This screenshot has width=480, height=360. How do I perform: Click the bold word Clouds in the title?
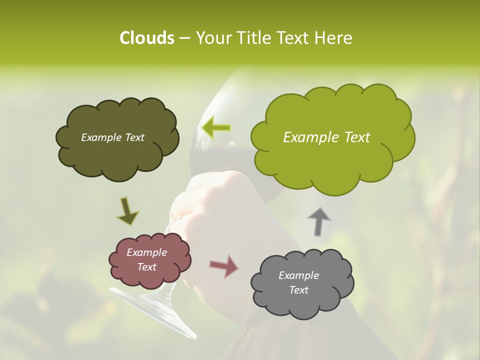click(146, 38)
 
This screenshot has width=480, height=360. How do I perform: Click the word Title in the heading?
click(256, 38)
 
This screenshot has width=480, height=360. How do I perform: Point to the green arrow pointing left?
click(216, 127)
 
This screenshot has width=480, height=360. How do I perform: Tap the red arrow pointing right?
click(224, 266)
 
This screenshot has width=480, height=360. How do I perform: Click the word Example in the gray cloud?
click(298, 275)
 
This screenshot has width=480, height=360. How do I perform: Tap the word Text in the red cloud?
click(147, 267)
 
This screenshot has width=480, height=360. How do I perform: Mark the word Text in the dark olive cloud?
click(133, 137)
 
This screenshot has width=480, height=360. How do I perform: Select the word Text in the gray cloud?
click(298, 290)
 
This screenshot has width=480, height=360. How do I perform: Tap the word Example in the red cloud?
click(147, 252)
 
